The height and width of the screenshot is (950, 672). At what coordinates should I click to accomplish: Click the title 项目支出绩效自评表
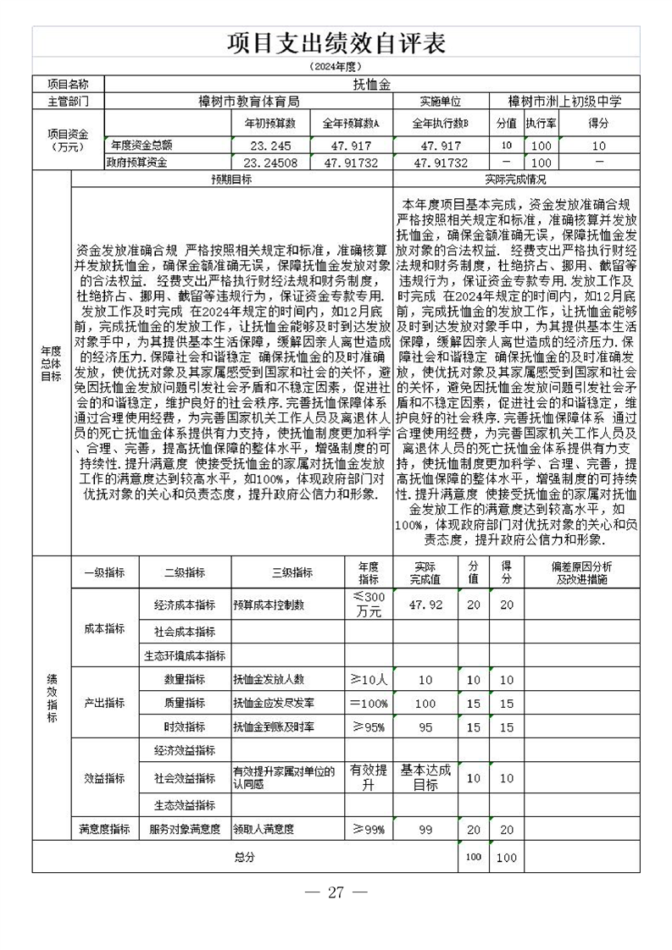336,43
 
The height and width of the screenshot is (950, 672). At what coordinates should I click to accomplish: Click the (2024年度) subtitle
336,66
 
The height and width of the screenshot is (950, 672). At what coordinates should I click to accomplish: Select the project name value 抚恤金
370,85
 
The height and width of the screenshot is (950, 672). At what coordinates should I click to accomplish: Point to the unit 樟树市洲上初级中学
564,102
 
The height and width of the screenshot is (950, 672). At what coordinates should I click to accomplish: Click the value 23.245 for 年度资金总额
266,146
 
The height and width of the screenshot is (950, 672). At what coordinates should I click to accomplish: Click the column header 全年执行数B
441,124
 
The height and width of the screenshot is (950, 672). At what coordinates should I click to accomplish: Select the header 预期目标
230,180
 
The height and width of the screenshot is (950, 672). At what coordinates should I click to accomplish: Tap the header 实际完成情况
515,180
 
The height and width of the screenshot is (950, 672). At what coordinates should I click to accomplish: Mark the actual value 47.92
425,606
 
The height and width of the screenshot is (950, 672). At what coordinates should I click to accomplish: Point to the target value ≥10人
369,680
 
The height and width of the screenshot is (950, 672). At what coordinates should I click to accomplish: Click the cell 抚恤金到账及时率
274,727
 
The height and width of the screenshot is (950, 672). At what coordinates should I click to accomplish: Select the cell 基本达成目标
425,777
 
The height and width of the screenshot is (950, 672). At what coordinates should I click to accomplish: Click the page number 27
336,892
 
